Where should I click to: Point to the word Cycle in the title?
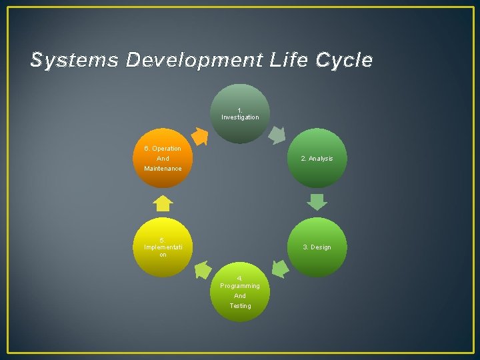coord(345,61)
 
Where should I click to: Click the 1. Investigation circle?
coord(240,113)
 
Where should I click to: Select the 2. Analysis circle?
coord(317,158)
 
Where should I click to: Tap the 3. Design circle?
coord(317,247)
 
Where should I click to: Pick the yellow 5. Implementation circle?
coord(163,247)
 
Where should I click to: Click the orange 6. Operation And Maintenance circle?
coord(163,158)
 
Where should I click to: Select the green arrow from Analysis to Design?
coord(317,201)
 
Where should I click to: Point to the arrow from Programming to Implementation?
coord(202,269)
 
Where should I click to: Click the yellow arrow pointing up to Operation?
coord(163,203)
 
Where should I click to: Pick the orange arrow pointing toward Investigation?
coord(200,135)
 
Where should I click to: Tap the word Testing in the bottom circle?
coord(241,306)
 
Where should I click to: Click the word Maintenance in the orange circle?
coord(163,169)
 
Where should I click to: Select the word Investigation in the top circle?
coord(240,117)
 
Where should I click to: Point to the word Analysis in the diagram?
coord(321,159)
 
